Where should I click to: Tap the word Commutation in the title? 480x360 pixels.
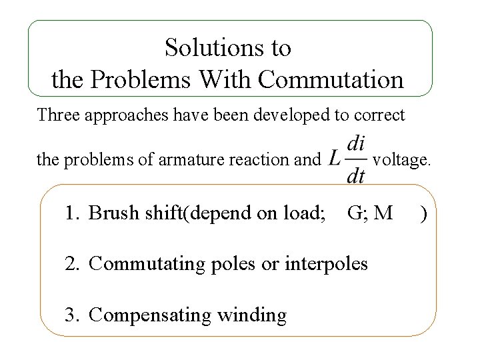click(331, 80)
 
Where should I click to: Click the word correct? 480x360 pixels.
click(379, 115)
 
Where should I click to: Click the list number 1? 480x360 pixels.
click(71, 213)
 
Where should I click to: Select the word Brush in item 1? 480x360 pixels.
click(111, 213)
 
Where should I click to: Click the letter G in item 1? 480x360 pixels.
click(354, 213)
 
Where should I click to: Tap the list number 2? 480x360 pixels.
click(71, 264)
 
